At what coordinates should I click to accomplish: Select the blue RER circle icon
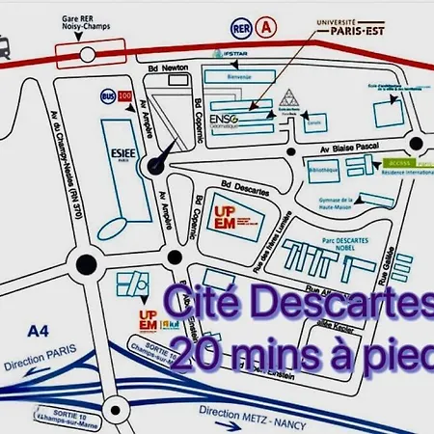pos(242,31)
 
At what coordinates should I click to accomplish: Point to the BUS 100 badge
pos(115,97)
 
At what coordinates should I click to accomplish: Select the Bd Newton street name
pos(166,71)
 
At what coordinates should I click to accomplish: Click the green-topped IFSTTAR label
pos(231,54)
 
